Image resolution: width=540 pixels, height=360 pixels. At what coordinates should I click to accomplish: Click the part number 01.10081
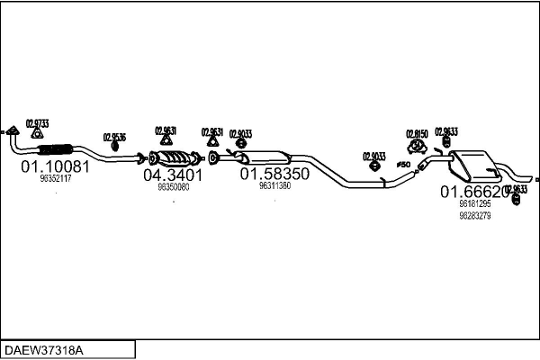(55, 166)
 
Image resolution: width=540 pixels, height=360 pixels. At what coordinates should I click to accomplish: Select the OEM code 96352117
(56, 179)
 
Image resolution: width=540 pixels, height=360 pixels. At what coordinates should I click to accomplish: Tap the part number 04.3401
(172, 175)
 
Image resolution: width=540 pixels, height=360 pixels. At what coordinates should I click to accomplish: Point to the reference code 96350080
(173, 187)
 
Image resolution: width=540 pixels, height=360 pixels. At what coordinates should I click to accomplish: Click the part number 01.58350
(274, 172)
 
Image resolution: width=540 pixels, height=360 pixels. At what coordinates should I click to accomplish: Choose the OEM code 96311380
(274, 185)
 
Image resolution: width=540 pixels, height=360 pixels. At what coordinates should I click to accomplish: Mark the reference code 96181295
(474, 204)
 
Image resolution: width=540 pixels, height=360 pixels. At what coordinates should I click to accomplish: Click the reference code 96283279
(474, 215)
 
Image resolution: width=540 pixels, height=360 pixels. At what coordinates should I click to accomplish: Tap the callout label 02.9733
(38, 123)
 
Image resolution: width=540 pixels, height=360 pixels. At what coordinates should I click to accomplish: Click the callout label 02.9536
(114, 137)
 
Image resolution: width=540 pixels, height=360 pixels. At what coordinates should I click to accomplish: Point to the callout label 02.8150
(417, 132)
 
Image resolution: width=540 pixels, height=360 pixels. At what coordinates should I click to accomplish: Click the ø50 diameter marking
(402, 165)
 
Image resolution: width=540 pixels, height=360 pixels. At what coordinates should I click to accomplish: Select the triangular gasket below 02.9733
(37, 134)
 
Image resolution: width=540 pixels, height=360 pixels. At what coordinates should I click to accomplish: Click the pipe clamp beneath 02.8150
(417, 146)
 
